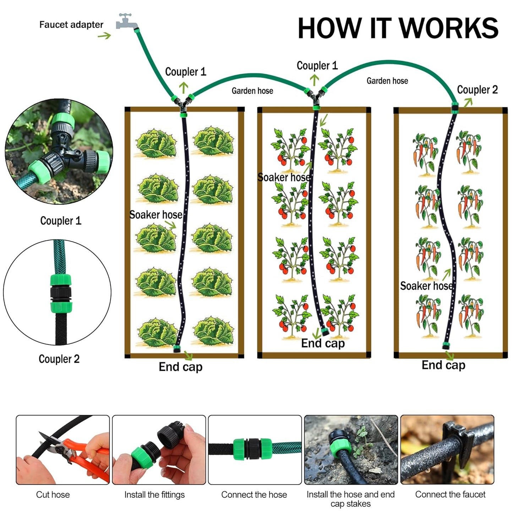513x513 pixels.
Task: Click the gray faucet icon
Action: pos(126,22)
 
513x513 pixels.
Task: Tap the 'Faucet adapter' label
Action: pos(71,25)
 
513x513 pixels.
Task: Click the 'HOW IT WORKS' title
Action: pos(398,28)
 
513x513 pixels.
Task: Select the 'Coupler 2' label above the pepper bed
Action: pos(477,90)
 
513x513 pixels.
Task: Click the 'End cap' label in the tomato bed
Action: pos(323,343)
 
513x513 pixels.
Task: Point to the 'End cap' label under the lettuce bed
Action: pos(180,367)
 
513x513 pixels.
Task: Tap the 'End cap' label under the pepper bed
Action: pos(443,365)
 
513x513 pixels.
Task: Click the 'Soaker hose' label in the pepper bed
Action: pos(426,286)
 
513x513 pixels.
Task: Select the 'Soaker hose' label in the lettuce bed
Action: pos(155,215)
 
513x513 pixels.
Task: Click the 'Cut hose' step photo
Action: pos(63,449)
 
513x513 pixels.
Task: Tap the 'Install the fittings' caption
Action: pos(154,495)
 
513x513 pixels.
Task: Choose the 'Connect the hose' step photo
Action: pos(255,449)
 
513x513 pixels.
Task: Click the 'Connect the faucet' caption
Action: pos(450,494)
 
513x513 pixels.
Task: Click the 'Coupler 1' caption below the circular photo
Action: pos(61,220)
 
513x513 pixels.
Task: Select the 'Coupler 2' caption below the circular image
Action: pos(59,359)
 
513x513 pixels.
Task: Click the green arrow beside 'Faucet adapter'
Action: pos(104,36)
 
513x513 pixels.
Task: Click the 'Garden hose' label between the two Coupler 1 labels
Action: pos(252,91)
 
